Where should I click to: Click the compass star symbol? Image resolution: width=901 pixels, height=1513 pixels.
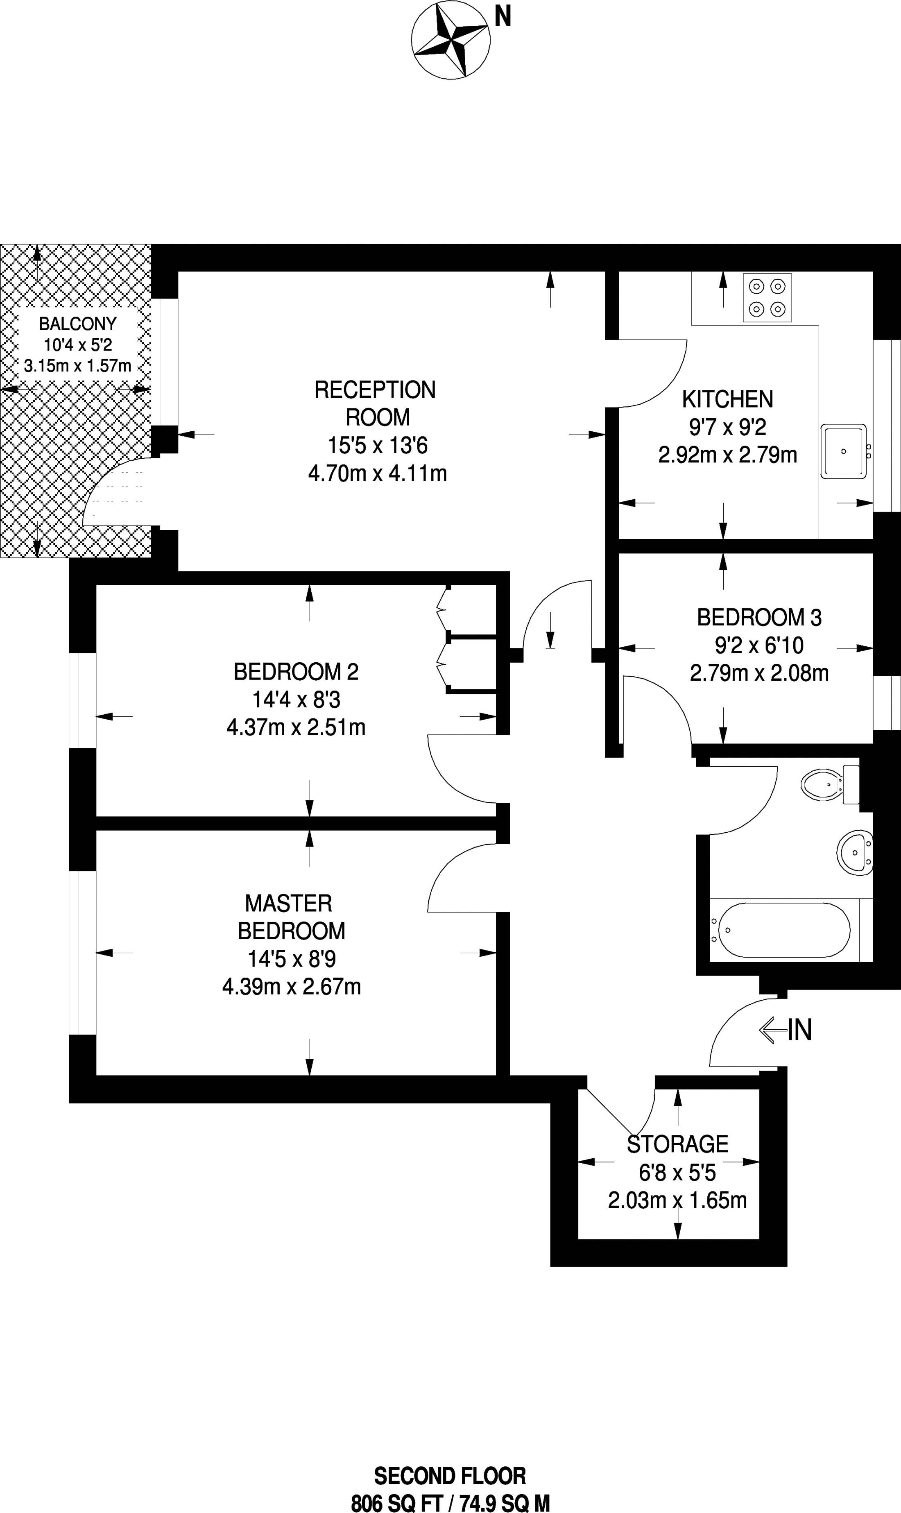tap(450, 40)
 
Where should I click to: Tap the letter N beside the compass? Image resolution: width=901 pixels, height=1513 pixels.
tap(503, 16)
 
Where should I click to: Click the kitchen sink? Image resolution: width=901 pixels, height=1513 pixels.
tap(844, 451)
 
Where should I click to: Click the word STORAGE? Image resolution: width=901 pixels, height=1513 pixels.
tap(677, 1144)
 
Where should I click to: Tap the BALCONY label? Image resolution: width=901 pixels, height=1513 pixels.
tap(78, 324)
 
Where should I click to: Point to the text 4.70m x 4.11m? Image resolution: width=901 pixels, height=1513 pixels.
tap(378, 473)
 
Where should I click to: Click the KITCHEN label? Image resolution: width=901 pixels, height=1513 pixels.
tap(727, 399)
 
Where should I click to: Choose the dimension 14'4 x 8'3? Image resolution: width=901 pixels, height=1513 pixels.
tap(296, 700)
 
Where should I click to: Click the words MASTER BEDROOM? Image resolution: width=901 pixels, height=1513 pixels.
tap(290, 917)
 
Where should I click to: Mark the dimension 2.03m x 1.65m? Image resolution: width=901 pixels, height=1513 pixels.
tap(677, 1200)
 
